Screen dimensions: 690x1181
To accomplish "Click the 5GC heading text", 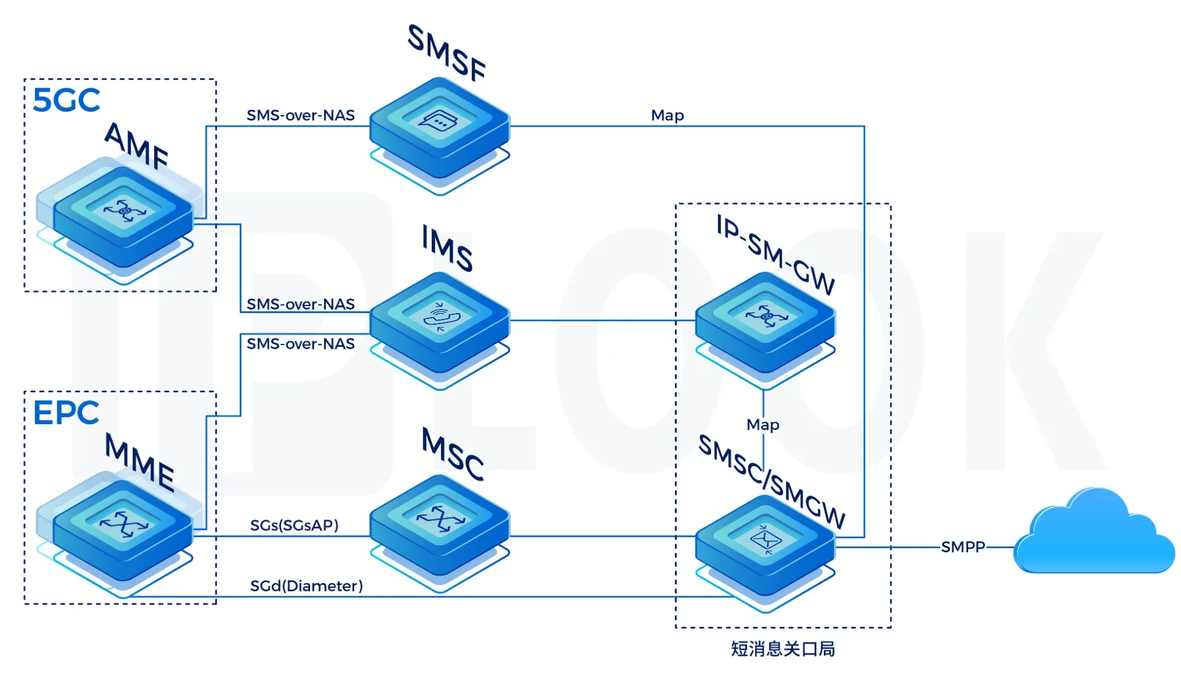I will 66,100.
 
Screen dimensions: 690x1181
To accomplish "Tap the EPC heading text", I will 66,413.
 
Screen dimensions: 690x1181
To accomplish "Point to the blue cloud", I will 1094,535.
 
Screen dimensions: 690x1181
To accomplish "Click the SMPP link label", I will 963,547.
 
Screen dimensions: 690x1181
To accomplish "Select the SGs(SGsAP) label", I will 294,525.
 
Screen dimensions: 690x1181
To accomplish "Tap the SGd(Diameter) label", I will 306,586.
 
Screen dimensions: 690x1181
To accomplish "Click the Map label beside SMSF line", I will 667,115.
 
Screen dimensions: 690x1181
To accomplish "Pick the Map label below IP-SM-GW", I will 763,425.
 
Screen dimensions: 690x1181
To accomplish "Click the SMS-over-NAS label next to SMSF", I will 301,115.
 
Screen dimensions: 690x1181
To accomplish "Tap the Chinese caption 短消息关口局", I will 783,649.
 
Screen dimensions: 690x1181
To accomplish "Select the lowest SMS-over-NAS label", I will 301,344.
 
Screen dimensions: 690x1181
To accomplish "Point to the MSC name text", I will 453,454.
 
